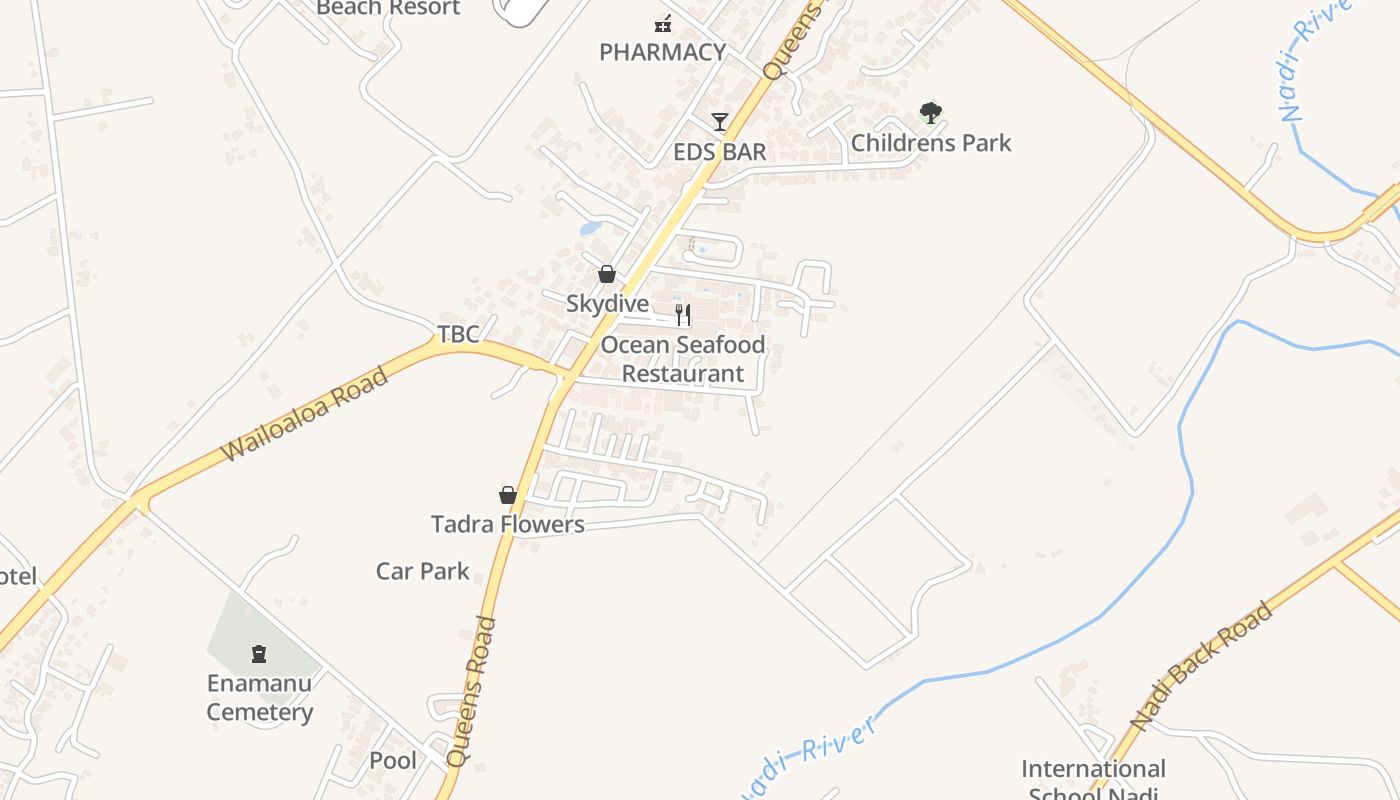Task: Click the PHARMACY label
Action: pos(662,52)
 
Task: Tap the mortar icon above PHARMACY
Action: pos(663,23)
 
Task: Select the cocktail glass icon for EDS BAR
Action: pos(720,122)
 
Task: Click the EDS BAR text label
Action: pos(720,152)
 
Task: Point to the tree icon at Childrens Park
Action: pos(931,113)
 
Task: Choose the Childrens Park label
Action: pos(931,143)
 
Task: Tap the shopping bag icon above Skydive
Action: pos(607,274)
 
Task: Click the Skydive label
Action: pos(607,303)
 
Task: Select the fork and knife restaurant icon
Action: pos(683,315)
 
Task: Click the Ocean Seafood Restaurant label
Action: pos(683,359)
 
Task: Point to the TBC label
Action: pos(458,334)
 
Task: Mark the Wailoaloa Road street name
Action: pos(304,415)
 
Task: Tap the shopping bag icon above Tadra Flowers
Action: pos(508,495)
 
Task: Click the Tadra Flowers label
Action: pos(508,524)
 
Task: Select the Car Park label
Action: pos(422,571)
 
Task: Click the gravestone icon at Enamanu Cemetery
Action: pos(260,654)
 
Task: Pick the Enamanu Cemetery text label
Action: pos(260,698)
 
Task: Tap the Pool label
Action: pos(393,760)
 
